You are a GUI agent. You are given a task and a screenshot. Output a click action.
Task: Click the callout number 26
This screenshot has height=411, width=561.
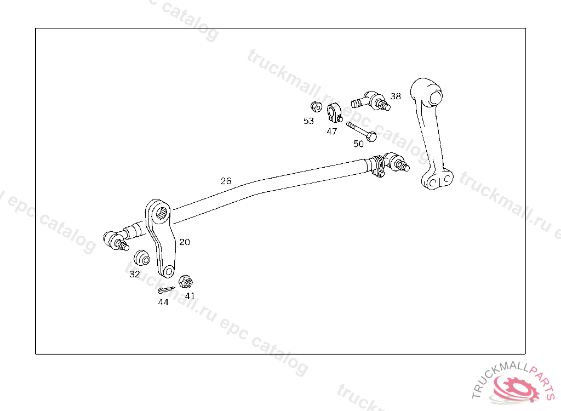coord(226,181)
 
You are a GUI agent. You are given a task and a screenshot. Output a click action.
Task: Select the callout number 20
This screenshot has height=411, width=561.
coord(185,242)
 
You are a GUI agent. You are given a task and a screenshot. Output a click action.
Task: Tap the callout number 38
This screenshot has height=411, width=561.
coord(396,96)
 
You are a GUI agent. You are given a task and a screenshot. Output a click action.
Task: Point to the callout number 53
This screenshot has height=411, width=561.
coord(308,121)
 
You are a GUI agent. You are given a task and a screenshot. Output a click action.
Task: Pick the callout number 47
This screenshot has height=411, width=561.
coord(331,132)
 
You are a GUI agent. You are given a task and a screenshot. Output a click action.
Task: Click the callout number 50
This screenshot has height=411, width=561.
coord(358,144)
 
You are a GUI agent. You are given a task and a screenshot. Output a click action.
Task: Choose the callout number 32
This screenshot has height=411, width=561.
coord(135,274)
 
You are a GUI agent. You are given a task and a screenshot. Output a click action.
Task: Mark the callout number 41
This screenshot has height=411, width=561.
coord(190,296)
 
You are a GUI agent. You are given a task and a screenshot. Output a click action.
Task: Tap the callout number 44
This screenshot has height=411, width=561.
coord(163,302)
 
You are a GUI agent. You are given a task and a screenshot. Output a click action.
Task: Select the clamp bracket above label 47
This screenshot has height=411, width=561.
coord(335,112)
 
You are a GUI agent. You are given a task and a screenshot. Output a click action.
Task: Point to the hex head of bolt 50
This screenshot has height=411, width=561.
coord(372,136)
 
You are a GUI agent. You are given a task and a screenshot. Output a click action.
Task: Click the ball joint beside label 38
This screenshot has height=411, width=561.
coord(371,101)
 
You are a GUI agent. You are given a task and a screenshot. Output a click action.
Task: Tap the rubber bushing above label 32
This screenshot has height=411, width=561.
coord(142,258)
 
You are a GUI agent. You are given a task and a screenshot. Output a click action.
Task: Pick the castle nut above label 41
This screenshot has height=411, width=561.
coord(186,282)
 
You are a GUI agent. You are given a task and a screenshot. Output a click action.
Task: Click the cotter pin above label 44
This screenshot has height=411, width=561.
coord(166,289)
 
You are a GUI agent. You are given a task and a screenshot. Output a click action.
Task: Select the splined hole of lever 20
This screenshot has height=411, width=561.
coord(162,213)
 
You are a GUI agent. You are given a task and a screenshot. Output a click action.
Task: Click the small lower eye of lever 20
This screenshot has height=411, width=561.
coord(169,272)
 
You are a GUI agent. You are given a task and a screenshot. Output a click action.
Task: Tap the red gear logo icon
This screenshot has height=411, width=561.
coord(516,389)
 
